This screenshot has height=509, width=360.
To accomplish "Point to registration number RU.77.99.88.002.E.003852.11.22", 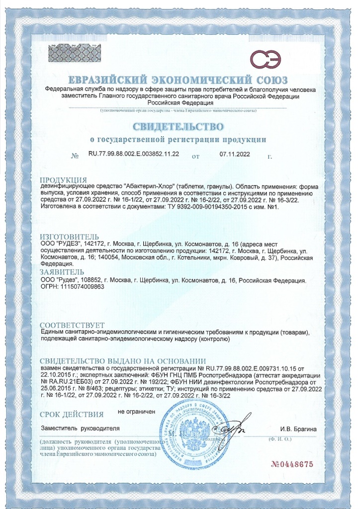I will [x=134, y=155].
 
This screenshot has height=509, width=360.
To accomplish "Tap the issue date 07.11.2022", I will [x=235, y=155].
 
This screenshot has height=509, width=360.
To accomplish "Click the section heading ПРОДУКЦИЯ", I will [x=63, y=179].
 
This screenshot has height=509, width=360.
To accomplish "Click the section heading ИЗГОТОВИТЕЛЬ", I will [x=69, y=237].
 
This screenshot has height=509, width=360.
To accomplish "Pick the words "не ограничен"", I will [x=137, y=412].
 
